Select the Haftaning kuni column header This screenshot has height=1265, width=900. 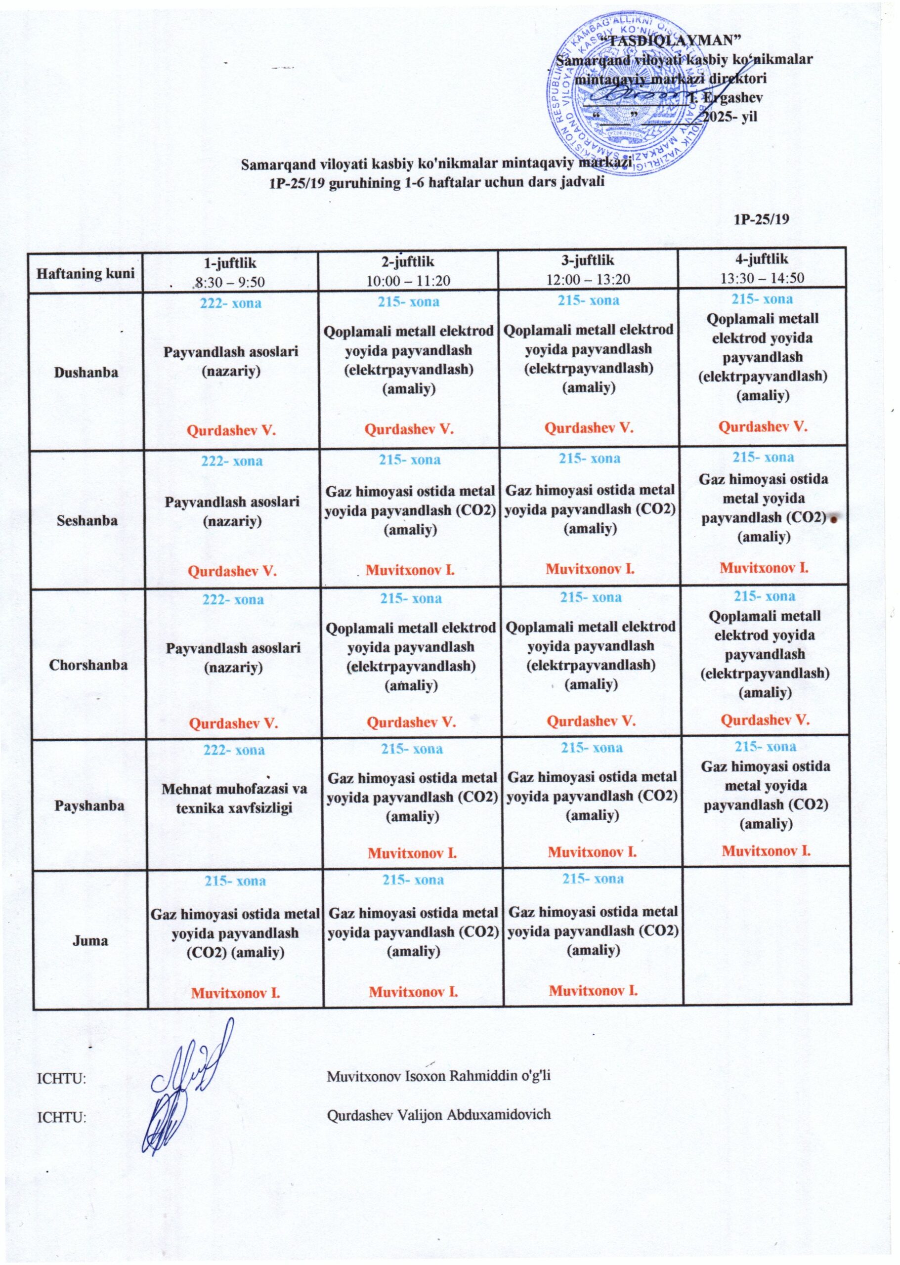coord(86,273)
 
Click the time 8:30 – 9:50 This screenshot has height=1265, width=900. coord(229,282)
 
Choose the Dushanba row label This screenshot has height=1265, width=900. coord(86,373)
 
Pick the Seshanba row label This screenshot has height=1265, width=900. coord(87,520)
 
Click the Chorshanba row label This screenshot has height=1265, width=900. coord(88,665)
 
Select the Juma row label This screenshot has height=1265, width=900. coord(90,940)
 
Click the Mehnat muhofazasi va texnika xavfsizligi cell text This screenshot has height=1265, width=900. coord(234,798)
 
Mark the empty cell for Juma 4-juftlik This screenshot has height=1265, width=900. coord(767,936)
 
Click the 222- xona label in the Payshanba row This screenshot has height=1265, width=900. coord(234,750)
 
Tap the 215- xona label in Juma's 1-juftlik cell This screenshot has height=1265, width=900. coord(235,881)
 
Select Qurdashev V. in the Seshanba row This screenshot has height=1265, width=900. coord(232,571)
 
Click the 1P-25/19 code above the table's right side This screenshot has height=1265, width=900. coord(761,219)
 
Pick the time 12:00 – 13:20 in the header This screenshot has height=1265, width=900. coord(588,279)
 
